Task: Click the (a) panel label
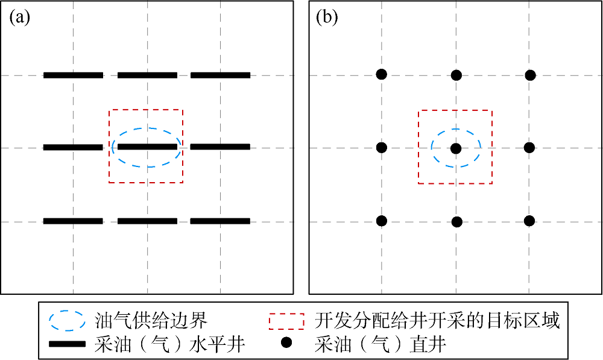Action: tap(19, 17)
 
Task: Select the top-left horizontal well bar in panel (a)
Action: tap(74, 75)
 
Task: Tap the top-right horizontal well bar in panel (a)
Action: tap(220, 75)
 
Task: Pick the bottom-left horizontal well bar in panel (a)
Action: tap(74, 221)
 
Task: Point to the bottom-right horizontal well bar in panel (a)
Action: tap(220, 221)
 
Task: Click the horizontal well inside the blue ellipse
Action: tap(147, 147)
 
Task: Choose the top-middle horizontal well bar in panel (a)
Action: tap(147, 75)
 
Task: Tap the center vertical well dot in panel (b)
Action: tap(456, 148)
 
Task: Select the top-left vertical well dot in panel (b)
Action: tap(381, 74)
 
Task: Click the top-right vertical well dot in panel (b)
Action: tap(530, 75)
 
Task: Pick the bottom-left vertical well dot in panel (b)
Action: tap(381, 221)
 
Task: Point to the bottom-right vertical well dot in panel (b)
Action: tap(529, 221)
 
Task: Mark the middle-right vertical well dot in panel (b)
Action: tap(529, 147)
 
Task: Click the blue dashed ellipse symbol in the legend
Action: tap(68, 321)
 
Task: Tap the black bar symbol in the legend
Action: tap(68, 344)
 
